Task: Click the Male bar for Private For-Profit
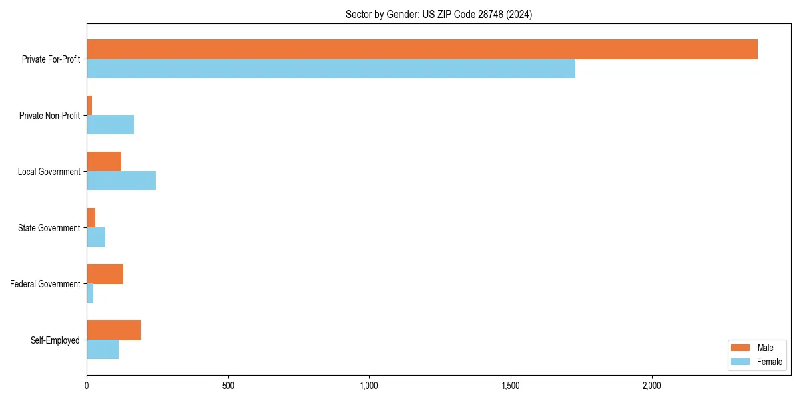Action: click(x=422, y=49)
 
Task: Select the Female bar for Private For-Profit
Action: click(x=331, y=69)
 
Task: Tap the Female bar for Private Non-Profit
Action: click(x=110, y=125)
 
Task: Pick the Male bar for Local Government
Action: click(x=104, y=162)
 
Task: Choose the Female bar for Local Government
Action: click(x=121, y=181)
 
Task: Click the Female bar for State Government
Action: click(x=96, y=237)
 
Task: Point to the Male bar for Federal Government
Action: click(x=105, y=274)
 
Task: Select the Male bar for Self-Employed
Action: click(x=113, y=330)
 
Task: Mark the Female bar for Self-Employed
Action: click(x=103, y=350)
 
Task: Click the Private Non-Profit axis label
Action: click(x=49, y=116)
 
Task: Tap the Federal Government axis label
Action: click(x=45, y=284)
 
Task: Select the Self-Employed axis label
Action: click(x=55, y=340)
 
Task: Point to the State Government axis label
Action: click(x=49, y=228)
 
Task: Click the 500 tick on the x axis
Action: click(x=228, y=386)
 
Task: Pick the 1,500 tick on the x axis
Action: click(x=511, y=386)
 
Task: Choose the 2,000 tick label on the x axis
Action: click(x=651, y=386)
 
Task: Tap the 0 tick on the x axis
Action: click(x=87, y=386)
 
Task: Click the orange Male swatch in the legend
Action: click(x=741, y=348)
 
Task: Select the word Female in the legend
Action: click(x=770, y=362)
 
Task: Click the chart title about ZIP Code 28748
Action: click(x=439, y=14)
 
